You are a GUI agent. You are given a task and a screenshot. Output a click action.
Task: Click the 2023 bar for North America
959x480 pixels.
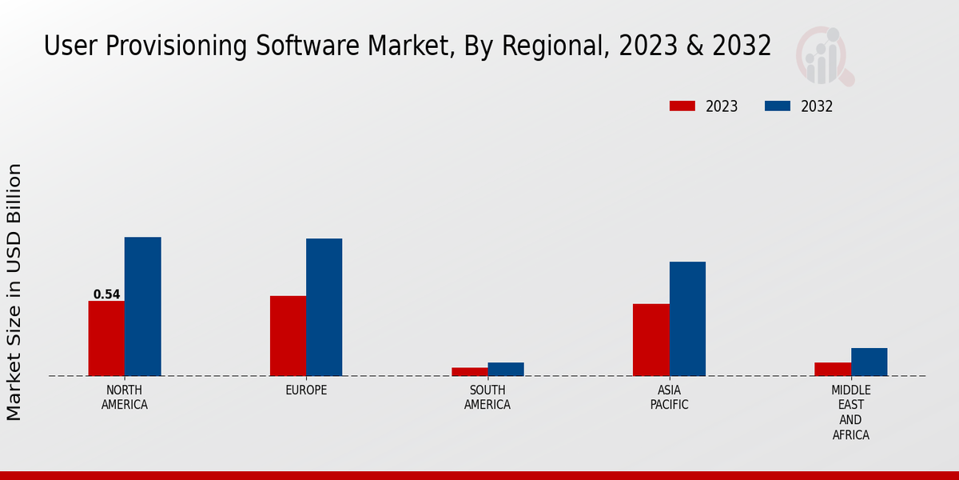coord(106,338)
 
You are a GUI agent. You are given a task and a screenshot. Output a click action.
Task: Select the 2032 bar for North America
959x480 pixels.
coord(142,306)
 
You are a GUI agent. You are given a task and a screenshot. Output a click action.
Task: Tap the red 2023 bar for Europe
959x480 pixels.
coord(288,336)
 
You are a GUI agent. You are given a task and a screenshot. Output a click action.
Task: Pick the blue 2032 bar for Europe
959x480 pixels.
coord(324,307)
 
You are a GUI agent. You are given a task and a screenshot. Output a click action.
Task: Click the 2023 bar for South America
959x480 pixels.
coord(469,371)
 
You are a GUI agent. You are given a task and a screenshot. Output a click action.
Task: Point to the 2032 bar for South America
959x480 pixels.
coord(506,369)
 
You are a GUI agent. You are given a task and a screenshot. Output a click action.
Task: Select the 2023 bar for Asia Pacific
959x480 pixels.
coord(651,340)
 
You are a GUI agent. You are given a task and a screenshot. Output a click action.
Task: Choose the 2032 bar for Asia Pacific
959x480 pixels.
coord(687,318)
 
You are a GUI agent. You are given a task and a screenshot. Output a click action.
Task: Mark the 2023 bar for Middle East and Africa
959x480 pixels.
coord(833,369)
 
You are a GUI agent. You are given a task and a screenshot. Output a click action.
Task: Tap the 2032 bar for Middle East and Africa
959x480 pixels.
coord(869,362)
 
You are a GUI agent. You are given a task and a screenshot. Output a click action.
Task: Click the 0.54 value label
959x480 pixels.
coord(106,294)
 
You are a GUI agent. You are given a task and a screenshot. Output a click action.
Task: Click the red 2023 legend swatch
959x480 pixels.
coord(682,106)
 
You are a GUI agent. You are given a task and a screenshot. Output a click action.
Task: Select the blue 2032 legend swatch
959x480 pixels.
coord(778,106)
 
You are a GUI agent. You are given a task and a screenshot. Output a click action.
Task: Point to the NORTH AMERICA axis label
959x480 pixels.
coord(125,398)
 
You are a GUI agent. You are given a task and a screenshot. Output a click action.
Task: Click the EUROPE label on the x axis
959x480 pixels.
coord(306,390)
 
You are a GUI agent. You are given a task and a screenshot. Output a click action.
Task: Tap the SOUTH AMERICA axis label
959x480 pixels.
coord(487,398)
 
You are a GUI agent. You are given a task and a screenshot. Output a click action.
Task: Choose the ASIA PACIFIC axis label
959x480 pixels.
coord(669,398)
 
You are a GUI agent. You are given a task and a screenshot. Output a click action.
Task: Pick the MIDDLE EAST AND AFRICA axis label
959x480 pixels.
coord(850,413)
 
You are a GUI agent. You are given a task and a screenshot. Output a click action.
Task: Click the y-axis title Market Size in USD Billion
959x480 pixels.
coord(14,292)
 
